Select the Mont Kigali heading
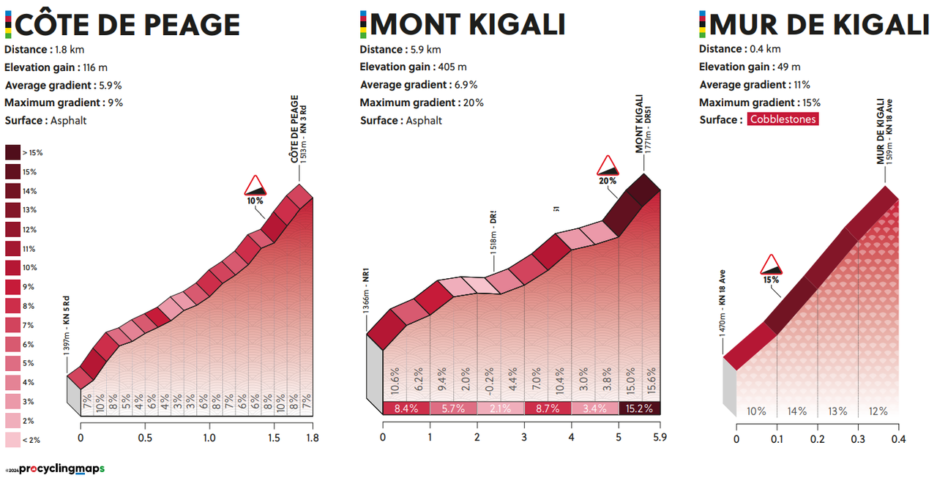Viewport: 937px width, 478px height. click(468, 25)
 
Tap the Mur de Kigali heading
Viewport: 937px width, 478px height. click(819, 25)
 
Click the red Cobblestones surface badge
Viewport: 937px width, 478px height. click(783, 119)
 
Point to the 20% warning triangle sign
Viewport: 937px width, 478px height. click(608, 167)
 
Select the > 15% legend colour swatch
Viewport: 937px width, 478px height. click(13, 152)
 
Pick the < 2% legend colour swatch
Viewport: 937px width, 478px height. click(13, 440)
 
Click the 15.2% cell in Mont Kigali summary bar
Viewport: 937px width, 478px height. click(640, 408)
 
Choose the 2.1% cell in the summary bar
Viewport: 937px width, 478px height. click(500, 408)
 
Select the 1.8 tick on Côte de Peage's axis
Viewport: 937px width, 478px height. click(313, 438)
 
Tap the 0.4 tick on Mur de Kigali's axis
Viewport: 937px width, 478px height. click(899, 438)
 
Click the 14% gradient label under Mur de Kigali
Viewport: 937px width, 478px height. click(796, 411)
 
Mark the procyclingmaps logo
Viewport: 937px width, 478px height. click(61, 468)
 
